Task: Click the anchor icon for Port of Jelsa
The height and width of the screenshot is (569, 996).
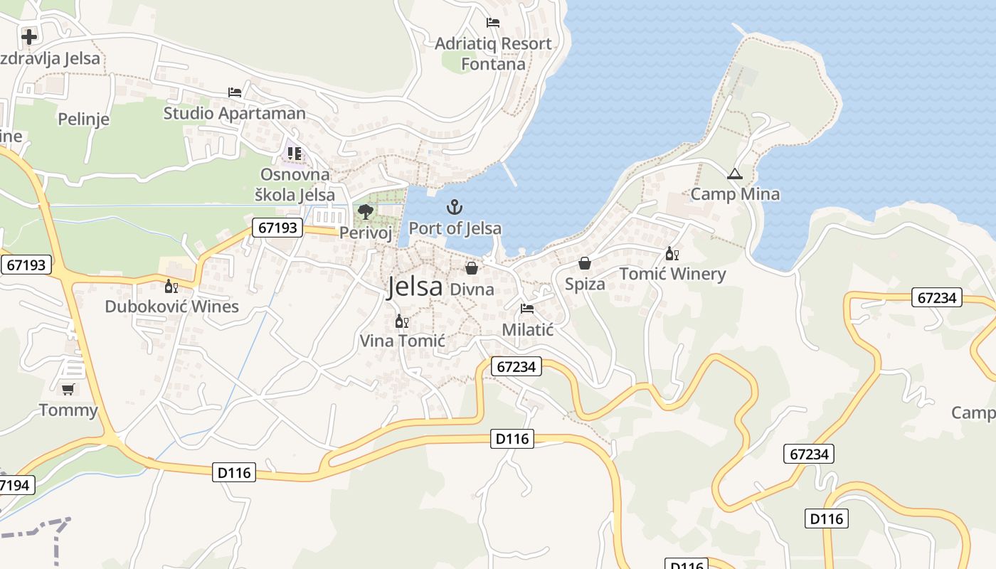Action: pos(454,207)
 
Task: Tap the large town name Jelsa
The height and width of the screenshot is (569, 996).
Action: pos(415,287)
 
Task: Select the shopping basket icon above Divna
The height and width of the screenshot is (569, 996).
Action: pos(472,268)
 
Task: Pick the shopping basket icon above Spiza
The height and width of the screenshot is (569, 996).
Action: pos(585,263)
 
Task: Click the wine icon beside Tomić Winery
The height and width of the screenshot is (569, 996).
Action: pos(672,253)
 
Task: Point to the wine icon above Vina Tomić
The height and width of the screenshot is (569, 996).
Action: pos(402,321)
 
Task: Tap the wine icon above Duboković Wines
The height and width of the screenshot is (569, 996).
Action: pos(171,287)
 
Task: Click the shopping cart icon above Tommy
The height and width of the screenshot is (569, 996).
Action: pos(68,389)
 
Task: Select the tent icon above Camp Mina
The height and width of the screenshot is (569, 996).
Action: pos(734,174)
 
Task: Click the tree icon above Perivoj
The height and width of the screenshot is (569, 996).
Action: pos(366,211)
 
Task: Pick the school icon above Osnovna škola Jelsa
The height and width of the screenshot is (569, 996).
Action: pos(295,154)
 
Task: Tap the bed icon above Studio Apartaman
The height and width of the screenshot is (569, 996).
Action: pos(235,92)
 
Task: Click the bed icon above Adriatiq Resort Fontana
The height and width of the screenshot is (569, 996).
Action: pos(493,23)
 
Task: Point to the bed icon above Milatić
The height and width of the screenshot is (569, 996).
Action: pos(527,309)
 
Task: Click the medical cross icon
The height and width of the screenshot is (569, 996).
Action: pos(29,36)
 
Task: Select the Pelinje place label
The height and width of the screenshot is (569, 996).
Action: pos(84,119)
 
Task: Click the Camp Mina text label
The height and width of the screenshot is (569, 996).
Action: pos(735,194)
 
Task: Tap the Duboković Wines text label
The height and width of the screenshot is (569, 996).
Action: pos(171,307)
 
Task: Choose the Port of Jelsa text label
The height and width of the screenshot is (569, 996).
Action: pos(455,228)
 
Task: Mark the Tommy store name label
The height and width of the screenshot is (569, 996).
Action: pos(68,410)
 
